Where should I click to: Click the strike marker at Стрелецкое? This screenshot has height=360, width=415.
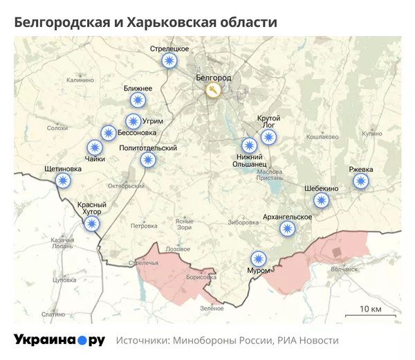169,61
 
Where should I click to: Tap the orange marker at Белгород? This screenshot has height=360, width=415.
213,91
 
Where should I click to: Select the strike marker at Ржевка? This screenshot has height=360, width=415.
360,181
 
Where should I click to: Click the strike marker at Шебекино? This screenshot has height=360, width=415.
321,201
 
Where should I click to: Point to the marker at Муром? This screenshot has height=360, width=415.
259,258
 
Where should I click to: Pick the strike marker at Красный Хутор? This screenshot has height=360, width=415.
91,223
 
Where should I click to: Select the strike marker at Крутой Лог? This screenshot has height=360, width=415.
268,136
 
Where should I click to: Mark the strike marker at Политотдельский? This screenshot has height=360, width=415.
148,160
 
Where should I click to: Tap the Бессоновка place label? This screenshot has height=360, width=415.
137,132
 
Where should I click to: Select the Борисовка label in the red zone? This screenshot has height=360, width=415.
201,276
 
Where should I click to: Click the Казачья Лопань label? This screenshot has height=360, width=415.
62,243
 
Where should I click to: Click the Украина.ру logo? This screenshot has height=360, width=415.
59,341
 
